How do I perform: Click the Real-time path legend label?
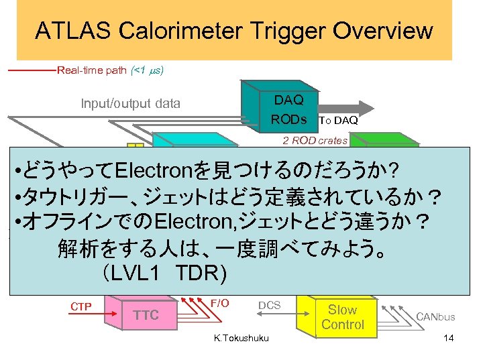click(111, 70)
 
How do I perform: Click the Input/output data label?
click(130, 103)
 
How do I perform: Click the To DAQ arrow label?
click(338, 121)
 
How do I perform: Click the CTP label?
click(80, 307)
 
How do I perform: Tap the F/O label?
click(220, 303)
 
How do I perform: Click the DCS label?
click(270, 305)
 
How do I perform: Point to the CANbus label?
click(435, 316)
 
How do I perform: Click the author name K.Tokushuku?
click(241, 338)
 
